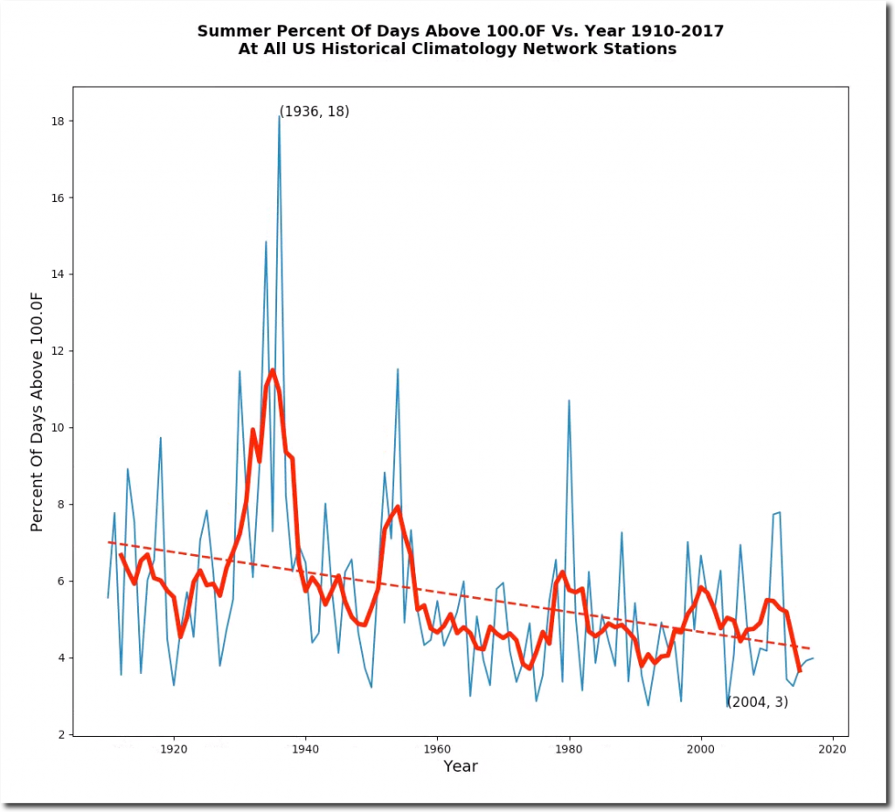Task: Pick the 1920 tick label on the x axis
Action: click(173, 749)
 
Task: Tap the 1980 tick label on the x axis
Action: click(569, 749)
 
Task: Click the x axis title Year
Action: click(460, 767)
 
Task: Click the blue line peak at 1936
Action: click(279, 116)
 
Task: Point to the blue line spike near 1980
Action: click(569, 400)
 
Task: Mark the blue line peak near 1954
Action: click(398, 369)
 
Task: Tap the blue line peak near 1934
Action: click(266, 241)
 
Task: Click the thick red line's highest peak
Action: click(273, 370)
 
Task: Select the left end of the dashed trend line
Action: click(108, 542)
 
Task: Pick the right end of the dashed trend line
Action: click(810, 649)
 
